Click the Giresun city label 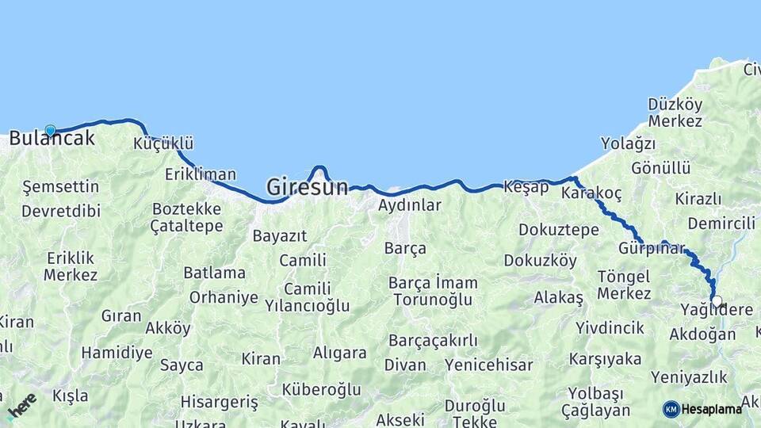tap(307, 187)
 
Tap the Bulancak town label tap(52, 139)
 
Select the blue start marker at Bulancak tap(51, 131)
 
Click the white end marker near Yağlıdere tap(717, 301)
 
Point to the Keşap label tap(526, 187)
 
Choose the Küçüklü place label tap(164, 143)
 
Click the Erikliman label tap(201, 174)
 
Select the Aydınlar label tap(409, 205)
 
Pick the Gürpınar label tap(651, 248)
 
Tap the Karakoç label tap(591, 193)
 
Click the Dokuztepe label tap(559, 230)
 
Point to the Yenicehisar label tap(489, 365)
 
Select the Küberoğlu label tap(321, 389)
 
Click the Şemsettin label tap(61, 187)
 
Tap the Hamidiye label tap(117, 353)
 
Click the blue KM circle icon tap(671, 409)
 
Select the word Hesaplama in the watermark tap(712, 409)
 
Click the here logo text tap(22, 406)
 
